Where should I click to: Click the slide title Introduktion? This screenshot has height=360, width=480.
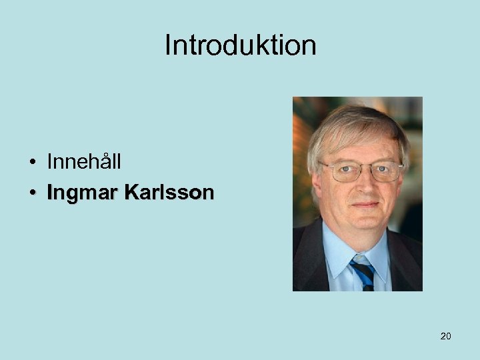[240, 45]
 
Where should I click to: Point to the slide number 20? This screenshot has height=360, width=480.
[445, 336]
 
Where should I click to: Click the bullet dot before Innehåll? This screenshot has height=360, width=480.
[32, 162]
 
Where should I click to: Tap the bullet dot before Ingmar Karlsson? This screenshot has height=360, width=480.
[32, 194]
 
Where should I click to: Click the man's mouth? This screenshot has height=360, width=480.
[365, 205]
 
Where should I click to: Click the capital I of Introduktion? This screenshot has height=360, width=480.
[167, 45]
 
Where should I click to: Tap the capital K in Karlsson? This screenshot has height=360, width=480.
[132, 193]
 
